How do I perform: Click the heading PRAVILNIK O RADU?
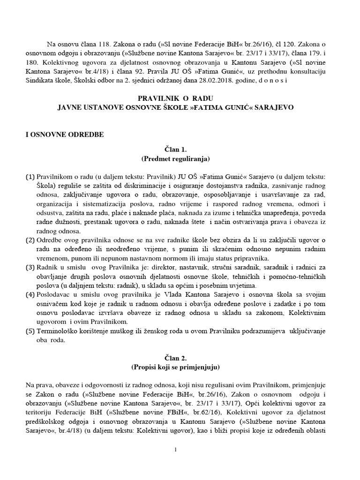click(x=175, y=97)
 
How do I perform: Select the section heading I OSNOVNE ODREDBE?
click(x=64, y=135)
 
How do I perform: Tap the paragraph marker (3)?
click(x=30, y=267)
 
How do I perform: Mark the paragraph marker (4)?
click(x=30, y=294)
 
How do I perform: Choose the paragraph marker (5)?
click(x=30, y=331)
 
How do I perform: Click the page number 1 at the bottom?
click(x=175, y=450)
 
